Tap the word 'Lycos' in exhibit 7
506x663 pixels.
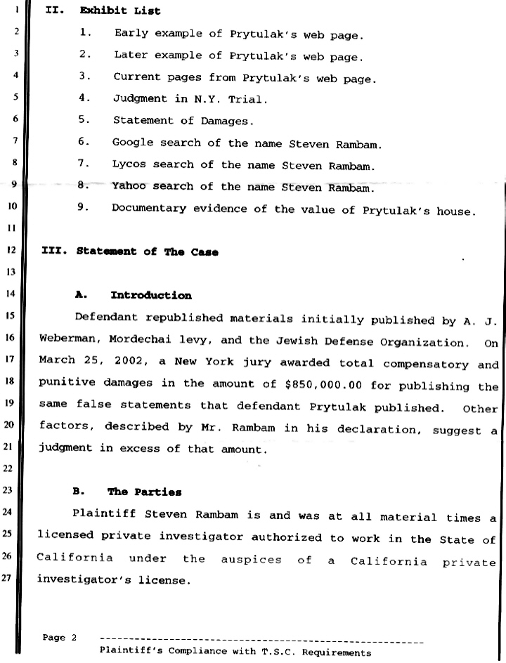[129, 165]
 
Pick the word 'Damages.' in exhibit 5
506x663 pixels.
[226, 121]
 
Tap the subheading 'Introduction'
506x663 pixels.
[150, 296]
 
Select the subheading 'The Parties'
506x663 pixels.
[144, 492]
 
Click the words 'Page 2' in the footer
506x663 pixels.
[60, 638]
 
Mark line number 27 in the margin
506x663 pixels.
[13, 579]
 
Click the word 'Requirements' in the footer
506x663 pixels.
[335, 653]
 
